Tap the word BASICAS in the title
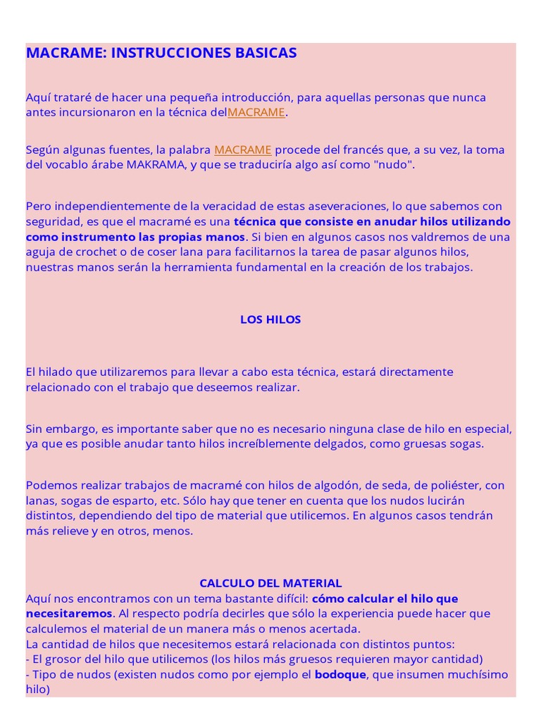pos(267,53)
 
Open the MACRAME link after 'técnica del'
pos(256,113)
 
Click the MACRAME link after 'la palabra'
pos(243,149)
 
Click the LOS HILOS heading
pos(270,319)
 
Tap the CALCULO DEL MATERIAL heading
pos(270,583)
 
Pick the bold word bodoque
pos(340,675)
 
